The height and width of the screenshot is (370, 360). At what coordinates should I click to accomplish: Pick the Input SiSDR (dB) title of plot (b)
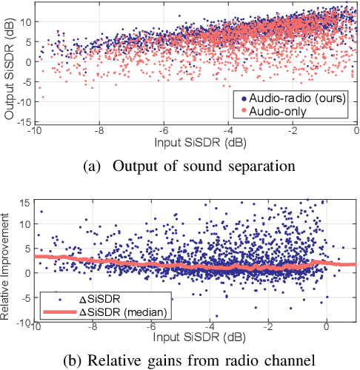coord(195,336)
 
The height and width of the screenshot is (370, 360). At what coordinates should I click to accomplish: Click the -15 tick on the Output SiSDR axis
coord(24,121)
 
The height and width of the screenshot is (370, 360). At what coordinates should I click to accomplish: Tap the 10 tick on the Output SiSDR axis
coord(26,22)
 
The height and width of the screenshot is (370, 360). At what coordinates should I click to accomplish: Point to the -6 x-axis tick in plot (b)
coord(152,326)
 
